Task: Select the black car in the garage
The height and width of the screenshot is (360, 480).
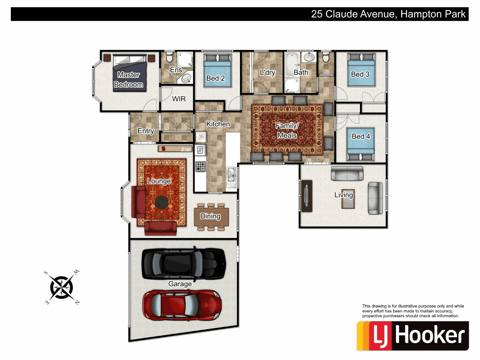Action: [183, 264]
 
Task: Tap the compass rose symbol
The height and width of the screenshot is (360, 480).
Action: [62, 287]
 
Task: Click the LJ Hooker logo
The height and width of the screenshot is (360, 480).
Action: [413, 336]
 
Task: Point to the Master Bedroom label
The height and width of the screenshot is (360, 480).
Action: [129, 80]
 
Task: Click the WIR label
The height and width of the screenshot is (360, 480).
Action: [179, 99]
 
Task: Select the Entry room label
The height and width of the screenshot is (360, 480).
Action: [146, 131]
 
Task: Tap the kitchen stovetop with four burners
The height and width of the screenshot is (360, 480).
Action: [200, 166]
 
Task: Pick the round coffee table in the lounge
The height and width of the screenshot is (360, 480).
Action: [162, 202]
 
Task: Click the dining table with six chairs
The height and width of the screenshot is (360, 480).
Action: [211, 216]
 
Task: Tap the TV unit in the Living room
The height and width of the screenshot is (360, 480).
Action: [306, 196]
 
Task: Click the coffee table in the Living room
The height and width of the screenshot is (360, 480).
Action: [348, 198]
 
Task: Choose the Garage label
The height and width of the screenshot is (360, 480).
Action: [180, 284]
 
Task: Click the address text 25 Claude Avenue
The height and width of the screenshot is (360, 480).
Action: [353, 15]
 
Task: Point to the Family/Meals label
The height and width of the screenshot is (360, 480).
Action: [287, 130]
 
